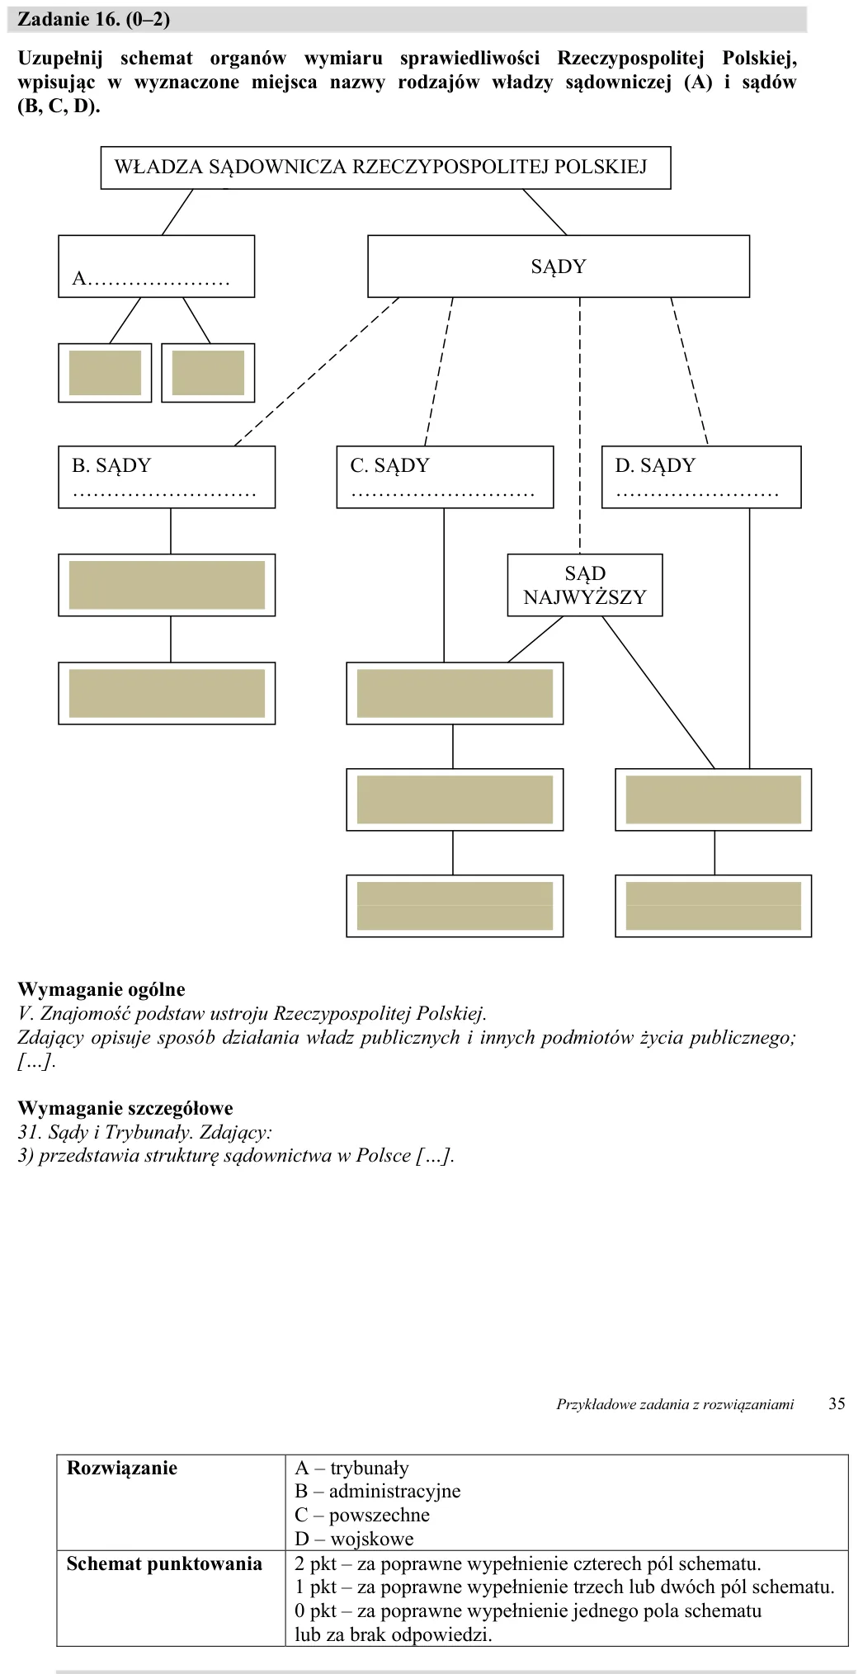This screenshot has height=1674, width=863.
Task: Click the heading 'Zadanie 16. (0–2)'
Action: coord(93,20)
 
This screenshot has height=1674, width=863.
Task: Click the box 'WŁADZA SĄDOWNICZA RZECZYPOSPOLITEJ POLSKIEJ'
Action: coord(385,167)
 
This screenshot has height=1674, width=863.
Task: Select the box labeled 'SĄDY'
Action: coord(559,266)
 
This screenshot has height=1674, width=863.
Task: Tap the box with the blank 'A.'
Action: coord(156,266)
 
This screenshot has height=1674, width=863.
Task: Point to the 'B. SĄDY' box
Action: coord(167,477)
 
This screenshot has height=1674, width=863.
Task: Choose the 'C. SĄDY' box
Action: coord(445,477)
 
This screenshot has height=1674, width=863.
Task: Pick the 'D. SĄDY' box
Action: coord(701,477)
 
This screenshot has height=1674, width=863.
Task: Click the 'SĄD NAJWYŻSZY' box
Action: coord(585,585)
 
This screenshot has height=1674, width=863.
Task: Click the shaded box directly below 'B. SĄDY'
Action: coord(167,585)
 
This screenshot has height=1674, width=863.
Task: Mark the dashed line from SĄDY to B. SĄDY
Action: coord(317,371)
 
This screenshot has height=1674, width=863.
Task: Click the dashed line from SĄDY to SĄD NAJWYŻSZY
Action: coord(580,425)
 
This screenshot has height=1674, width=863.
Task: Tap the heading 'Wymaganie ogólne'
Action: coord(101,990)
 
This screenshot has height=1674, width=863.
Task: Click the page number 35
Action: coord(837,1404)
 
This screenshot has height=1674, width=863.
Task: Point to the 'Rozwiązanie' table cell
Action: coord(122,1468)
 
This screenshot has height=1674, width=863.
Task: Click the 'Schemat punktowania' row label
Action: coord(164,1563)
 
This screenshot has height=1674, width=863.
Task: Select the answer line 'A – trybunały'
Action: coord(352,1468)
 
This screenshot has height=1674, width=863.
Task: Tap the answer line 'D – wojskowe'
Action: coord(354,1539)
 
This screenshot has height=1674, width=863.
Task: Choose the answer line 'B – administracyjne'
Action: coord(378,1492)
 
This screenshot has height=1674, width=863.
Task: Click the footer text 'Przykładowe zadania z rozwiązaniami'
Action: coord(675,1404)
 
